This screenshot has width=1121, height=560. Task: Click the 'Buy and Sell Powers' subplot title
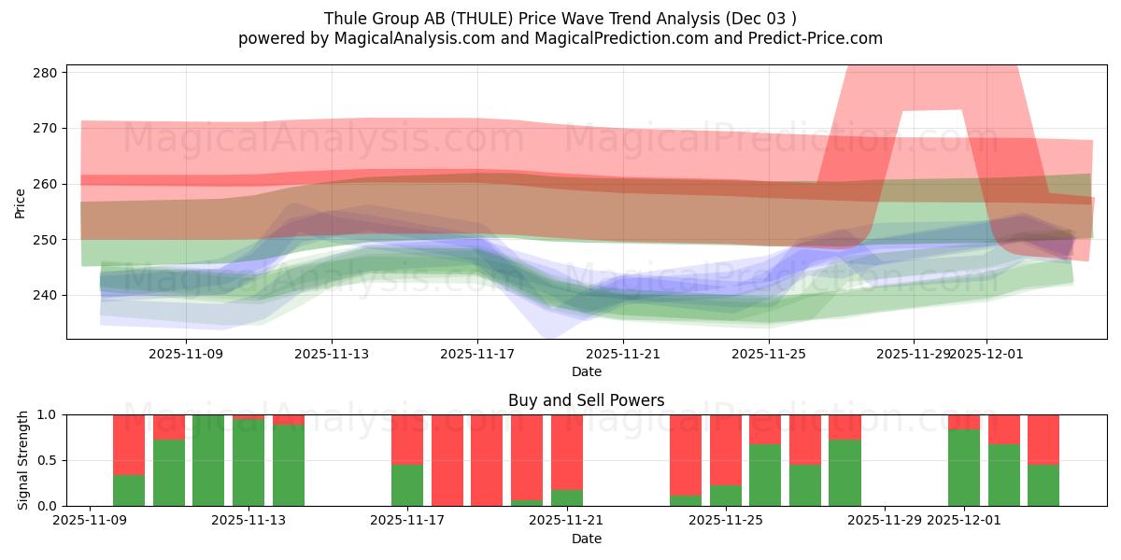click(586, 400)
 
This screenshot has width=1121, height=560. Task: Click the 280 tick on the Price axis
click(49, 73)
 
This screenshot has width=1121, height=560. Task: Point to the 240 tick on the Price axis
click(49, 296)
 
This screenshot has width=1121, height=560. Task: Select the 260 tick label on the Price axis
click(49, 184)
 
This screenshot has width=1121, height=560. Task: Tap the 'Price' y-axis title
click(20, 202)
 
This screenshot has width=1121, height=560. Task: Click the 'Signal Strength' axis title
click(23, 460)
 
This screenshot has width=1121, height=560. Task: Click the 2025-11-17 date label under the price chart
click(477, 355)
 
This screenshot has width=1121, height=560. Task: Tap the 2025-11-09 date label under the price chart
click(186, 355)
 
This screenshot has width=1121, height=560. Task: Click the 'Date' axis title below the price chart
click(586, 371)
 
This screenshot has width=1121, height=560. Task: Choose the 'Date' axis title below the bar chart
click(586, 539)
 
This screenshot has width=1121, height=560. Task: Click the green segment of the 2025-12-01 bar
click(964, 468)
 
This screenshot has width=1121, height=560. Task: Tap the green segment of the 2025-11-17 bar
click(407, 485)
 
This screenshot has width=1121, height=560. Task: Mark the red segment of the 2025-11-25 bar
click(726, 449)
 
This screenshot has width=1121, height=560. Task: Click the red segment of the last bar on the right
click(1043, 439)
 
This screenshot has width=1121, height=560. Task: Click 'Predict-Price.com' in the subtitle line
click(818, 38)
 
